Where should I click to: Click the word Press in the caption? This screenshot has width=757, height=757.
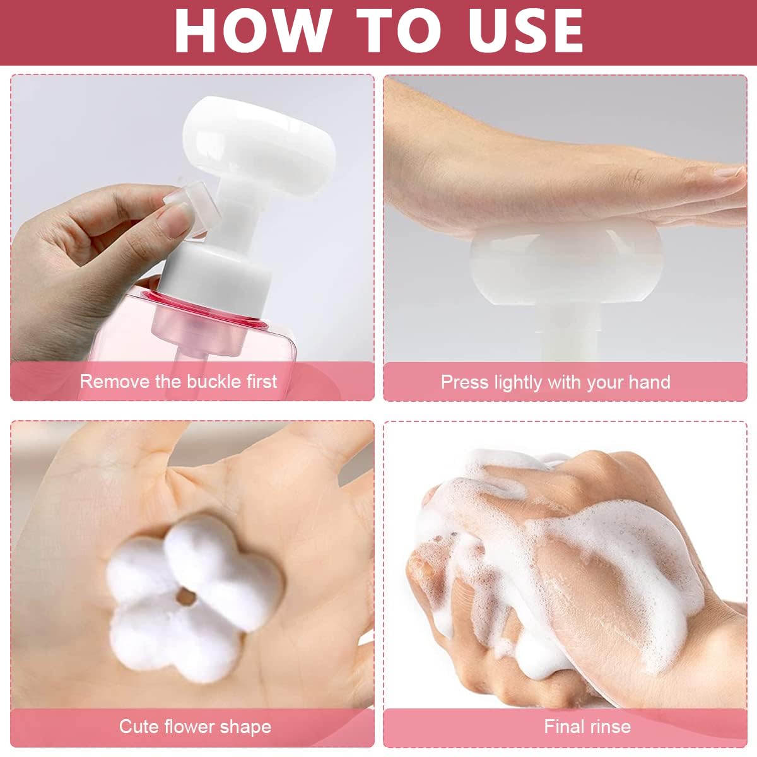tap(465, 382)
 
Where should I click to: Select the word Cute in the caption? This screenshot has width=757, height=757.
tap(139, 727)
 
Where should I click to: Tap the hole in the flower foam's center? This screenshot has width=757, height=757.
tap(186, 594)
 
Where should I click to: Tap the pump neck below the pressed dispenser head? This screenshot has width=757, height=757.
tap(566, 334)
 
